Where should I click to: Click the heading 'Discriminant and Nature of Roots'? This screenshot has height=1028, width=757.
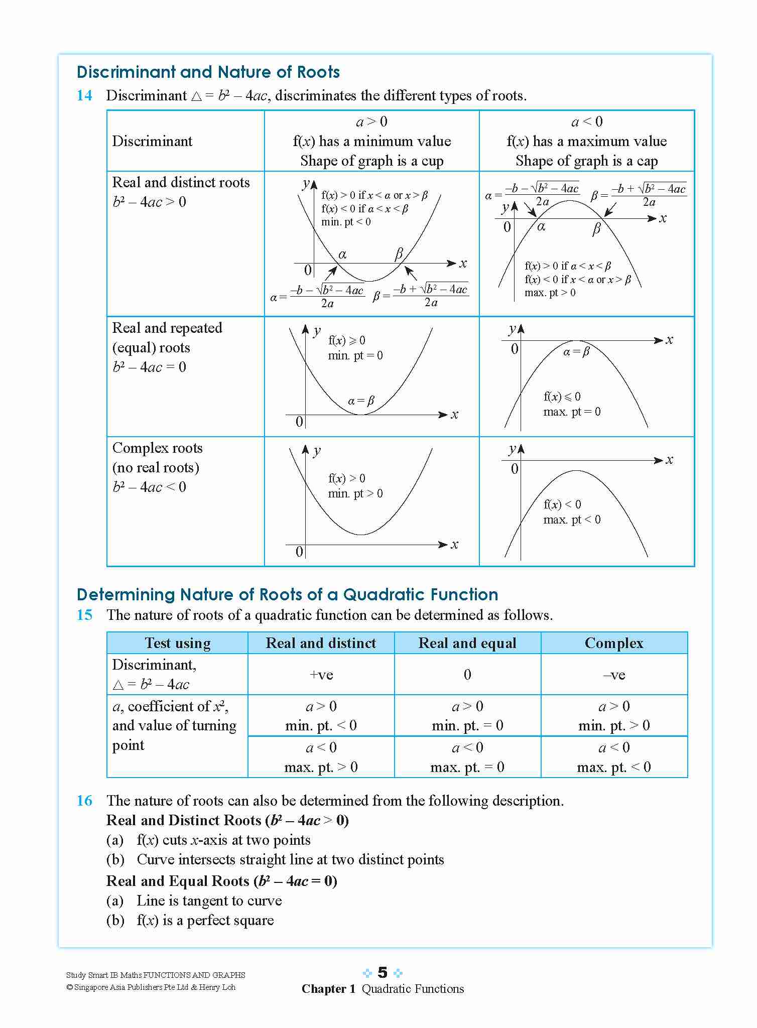208,72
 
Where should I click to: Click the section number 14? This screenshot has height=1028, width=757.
84,95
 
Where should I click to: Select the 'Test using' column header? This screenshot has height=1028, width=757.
177,643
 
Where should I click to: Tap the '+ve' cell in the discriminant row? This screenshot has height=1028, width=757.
321,674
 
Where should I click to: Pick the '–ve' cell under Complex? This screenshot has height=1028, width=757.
614,674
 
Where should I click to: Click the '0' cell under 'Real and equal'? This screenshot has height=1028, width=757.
467,674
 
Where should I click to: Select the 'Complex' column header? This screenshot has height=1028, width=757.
614,643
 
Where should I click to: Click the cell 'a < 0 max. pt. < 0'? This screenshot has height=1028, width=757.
614,757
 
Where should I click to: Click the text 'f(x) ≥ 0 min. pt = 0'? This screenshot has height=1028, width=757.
355,348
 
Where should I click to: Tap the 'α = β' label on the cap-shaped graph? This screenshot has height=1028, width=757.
576,352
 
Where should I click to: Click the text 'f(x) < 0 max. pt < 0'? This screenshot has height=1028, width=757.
571,512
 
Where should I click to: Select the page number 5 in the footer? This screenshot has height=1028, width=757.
383,973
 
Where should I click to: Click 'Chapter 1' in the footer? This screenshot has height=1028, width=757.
328,989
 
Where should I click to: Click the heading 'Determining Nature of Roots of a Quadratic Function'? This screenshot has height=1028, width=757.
287,595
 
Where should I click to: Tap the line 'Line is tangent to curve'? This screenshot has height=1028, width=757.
209,901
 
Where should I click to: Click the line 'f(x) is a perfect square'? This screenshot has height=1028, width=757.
205,920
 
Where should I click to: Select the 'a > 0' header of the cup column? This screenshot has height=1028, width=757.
371,122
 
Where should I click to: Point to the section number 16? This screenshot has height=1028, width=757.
84,800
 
